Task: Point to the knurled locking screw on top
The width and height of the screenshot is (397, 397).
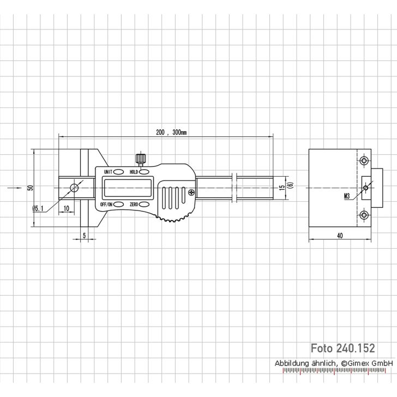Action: tap(141, 159)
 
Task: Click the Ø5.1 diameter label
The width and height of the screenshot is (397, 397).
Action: tap(39, 208)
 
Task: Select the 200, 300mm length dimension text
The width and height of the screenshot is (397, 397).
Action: tap(171, 133)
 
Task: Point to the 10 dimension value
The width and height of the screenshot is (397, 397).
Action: tap(65, 208)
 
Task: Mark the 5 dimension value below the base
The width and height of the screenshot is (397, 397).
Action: tap(85, 235)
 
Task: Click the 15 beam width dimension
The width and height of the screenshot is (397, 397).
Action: tap(281, 188)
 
